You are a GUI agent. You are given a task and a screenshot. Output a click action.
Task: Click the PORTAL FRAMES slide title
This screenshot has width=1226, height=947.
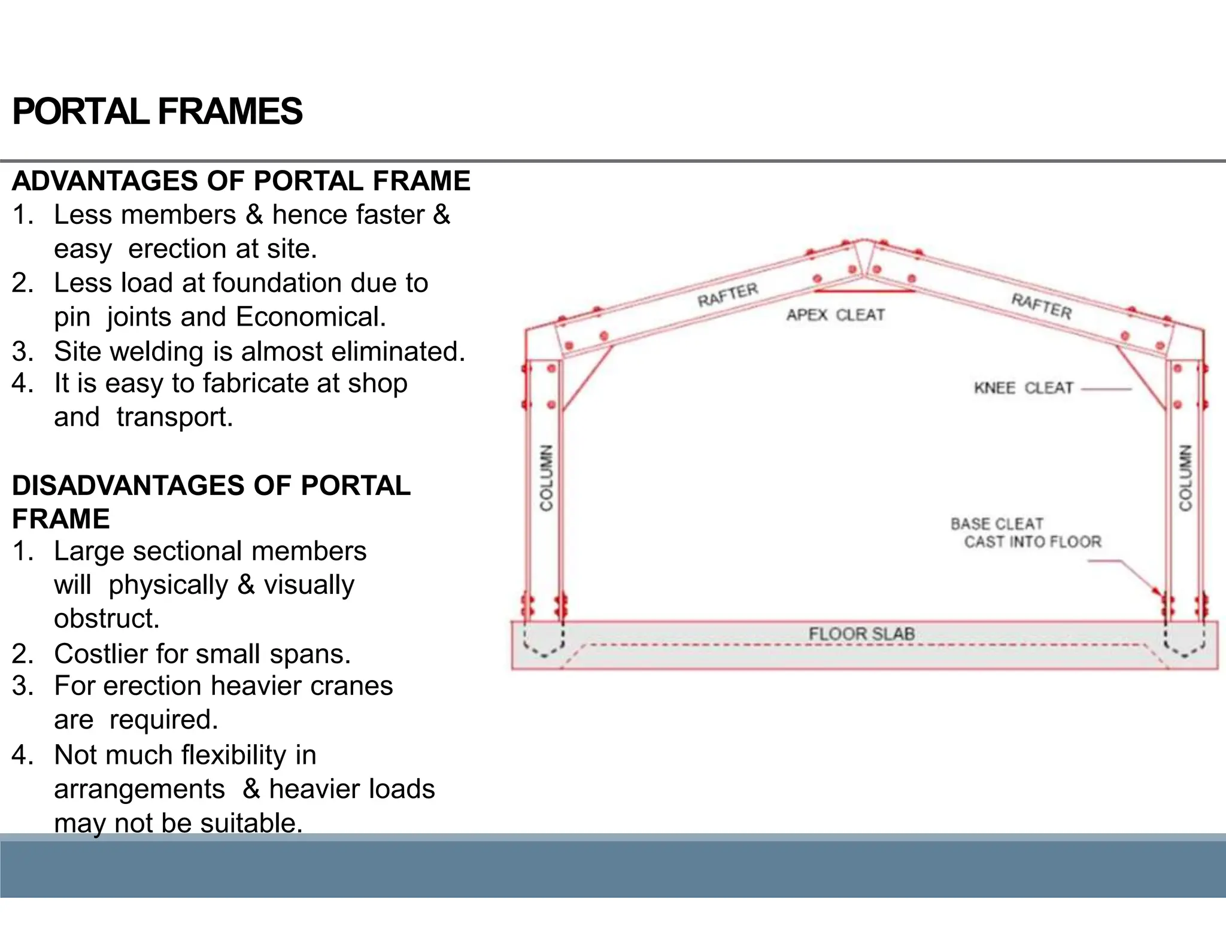click(x=157, y=112)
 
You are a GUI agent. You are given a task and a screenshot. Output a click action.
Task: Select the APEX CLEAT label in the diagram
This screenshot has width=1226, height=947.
click(x=835, y=315)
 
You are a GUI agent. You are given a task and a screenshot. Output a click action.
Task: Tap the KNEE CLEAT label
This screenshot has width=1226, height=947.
click(x=1023, y=388)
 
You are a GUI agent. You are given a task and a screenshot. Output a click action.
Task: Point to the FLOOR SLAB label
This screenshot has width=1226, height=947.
click(x=861, y=634)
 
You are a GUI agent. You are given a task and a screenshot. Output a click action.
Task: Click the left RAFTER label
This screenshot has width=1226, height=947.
click(x=727, y=294)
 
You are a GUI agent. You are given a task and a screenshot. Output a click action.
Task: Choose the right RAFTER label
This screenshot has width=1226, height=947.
click(x=1042, y=306)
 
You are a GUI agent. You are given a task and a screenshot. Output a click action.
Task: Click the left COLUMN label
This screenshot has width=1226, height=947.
click(x=546, y=478)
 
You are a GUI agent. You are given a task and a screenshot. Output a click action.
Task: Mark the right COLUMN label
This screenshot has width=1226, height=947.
click(x=1185, y=478)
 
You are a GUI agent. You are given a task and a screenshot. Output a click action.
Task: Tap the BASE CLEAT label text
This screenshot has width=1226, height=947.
click(x=997, y=524)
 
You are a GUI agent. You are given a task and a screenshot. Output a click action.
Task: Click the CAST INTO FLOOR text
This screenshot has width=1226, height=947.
click(x=1033, y=542)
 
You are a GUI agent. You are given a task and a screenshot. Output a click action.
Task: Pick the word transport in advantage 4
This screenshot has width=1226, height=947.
click(x=174, y=417)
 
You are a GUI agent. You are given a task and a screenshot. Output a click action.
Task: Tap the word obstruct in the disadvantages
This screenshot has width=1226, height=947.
click(x=107, y=618)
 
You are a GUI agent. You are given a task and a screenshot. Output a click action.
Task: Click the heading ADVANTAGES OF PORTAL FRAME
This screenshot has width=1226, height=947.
click(x=241, y=181)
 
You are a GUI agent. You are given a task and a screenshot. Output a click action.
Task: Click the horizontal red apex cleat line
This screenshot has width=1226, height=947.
click(x=864, y=291)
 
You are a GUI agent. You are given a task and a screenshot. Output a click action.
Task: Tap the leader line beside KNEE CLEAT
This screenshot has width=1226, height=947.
click(x=1106, y=389)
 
